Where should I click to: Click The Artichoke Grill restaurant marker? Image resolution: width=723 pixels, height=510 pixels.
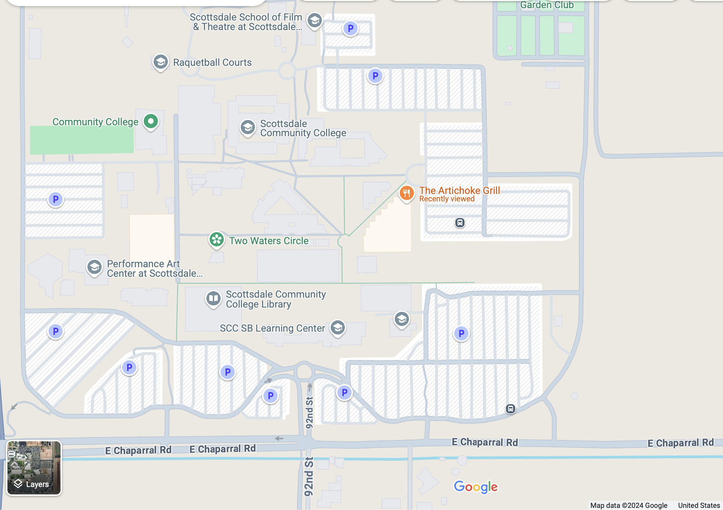click(406, 193)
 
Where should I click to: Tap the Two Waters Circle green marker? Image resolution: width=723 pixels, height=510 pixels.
click(216, 240)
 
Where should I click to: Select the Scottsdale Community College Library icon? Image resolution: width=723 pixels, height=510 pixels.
click(214, 298)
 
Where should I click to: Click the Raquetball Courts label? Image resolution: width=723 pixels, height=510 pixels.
click(212, 62)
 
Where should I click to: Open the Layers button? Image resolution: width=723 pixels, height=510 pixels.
click(34, 468)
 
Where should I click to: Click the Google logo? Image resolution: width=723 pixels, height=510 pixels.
click(476, 487)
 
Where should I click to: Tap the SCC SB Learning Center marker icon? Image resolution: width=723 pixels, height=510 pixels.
click(337, 327)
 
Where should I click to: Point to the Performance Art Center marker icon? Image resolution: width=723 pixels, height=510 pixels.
click(95, 267)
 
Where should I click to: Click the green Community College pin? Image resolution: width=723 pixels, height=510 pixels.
click(151, 121)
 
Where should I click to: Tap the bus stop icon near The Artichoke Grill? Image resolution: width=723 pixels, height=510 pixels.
click(460, 223)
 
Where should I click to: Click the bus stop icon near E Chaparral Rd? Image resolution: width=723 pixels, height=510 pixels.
click(510, 409)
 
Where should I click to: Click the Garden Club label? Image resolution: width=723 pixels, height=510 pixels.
click(547, 5)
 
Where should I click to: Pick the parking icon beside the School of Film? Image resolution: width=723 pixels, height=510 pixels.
click(350, 28)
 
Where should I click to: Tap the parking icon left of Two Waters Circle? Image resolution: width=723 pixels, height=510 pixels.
click(56, 199)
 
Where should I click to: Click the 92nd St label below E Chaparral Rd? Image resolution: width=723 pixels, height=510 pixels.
click(309, 476)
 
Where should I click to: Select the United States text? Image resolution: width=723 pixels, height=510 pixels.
click(699, 505)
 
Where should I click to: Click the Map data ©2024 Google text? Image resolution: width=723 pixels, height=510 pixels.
click(628, 505)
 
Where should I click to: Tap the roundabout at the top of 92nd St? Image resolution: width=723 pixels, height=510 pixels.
click(304, 372)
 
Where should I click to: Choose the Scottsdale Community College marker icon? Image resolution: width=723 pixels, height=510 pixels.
click(248, 127)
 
